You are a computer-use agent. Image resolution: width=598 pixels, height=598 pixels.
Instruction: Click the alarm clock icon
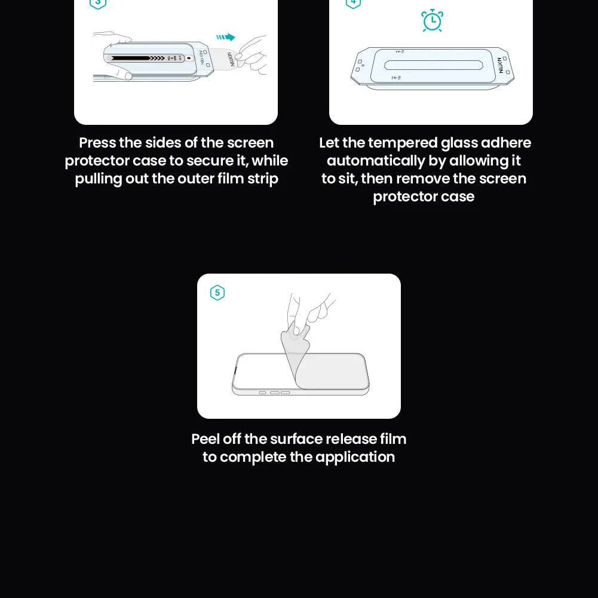click(x=432, y=20)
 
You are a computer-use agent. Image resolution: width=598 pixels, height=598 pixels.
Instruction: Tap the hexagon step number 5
click(x=217, y=293)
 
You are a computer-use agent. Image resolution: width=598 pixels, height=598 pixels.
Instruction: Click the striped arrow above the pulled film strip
click(x=226, y=37)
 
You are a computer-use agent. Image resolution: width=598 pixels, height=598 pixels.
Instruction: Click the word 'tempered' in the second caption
click(x=403, y=143)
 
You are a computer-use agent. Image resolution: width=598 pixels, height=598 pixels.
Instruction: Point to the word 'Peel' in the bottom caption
click(x=206, y=439)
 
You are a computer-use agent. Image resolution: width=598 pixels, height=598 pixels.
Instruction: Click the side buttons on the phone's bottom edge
click(x=274, y=392)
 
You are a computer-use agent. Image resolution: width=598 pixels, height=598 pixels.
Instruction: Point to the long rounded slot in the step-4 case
click(x=434, y=65)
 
